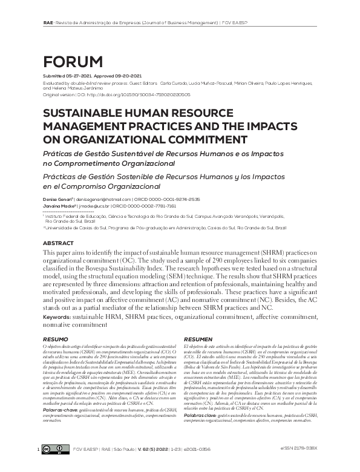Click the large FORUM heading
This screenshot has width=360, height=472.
click(x=73, y=61)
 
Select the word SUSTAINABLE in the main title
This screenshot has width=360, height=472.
click(x=81, y=113)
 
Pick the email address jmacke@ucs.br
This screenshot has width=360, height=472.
click(x=93, y=206)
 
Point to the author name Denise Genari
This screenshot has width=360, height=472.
click(x=56, y=199)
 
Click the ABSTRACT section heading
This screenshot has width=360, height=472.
click(x=59, y=243)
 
